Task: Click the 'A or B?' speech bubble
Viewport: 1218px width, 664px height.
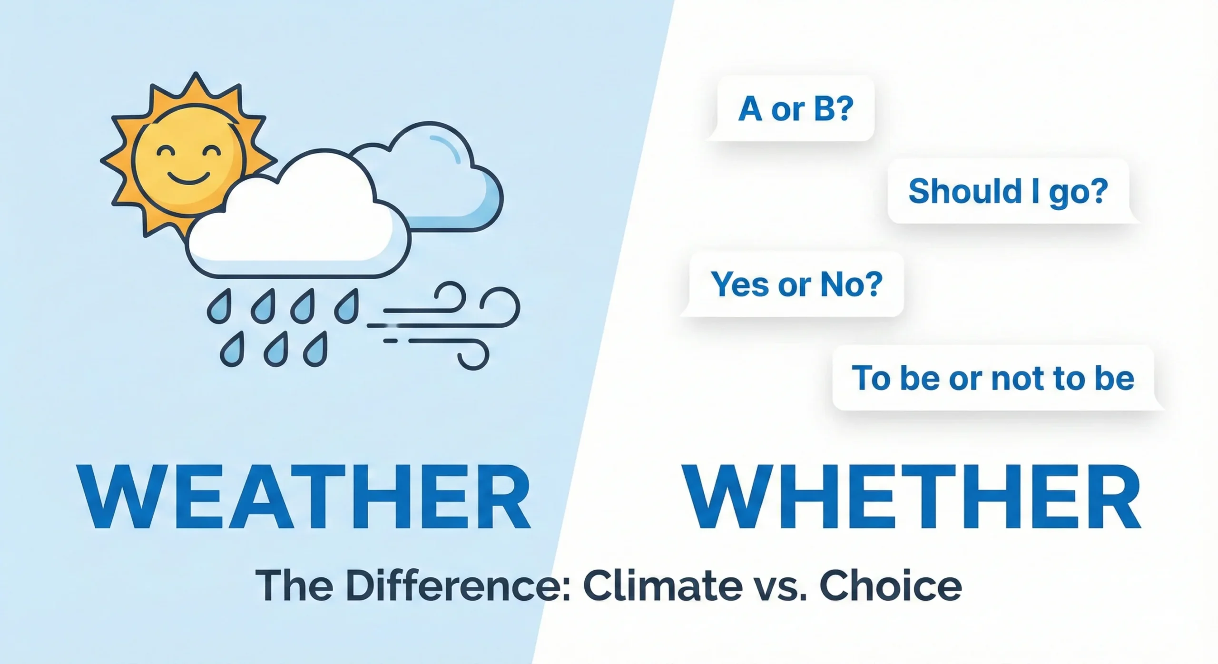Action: [791, 109]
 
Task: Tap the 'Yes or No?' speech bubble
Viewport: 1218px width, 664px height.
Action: [793, 284]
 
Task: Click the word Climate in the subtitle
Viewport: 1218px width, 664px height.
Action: [662, 586]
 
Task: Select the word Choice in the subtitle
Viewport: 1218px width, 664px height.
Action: [890, 586]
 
